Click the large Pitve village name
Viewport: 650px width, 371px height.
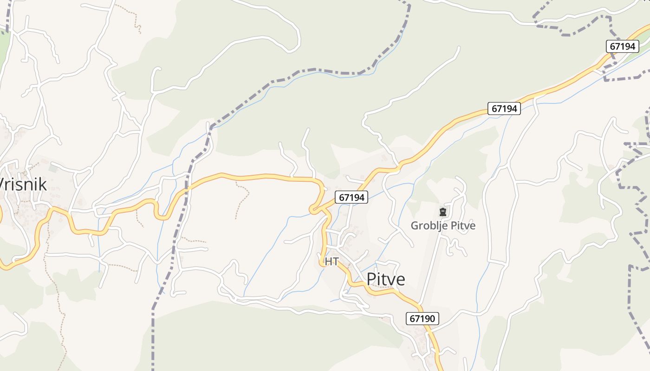[x=386, y=279]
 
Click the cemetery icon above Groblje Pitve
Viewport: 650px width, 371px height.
[x=442, y=212]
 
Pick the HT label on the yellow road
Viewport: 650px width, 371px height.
[x=331, y=262]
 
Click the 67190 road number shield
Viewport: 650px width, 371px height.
[x=422, y=319]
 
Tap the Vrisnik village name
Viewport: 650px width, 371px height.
[x=23, y=185]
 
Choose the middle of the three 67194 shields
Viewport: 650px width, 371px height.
[x=504, y=109]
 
